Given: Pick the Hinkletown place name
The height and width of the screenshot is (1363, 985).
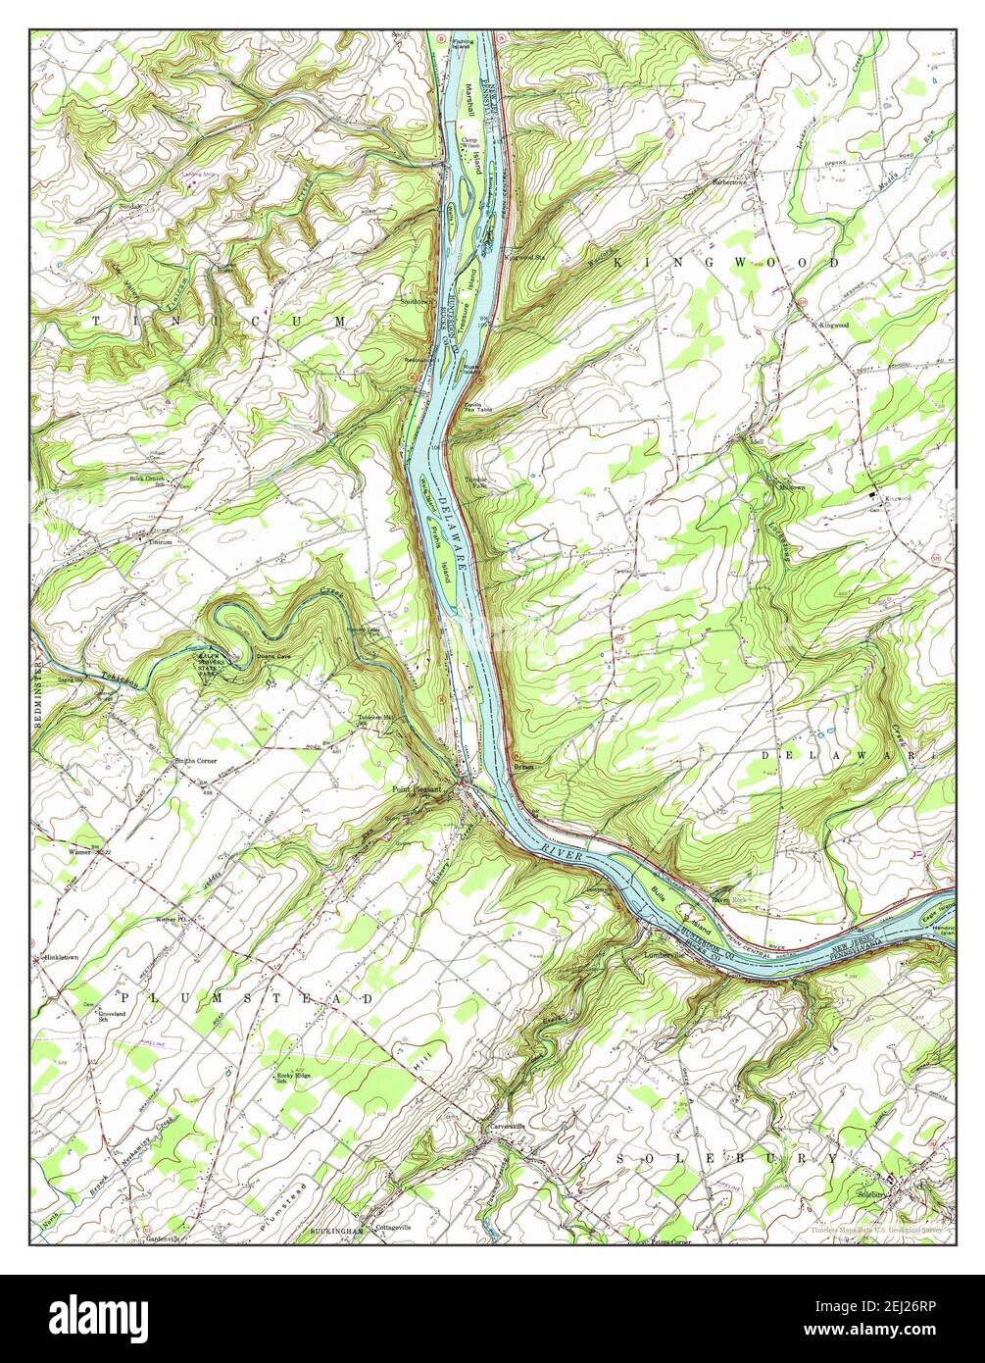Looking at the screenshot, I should tap(61, 955).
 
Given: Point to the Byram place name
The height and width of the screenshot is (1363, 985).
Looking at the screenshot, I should tap(523, 767).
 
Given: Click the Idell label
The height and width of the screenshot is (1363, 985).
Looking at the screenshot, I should tap(756, 442).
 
